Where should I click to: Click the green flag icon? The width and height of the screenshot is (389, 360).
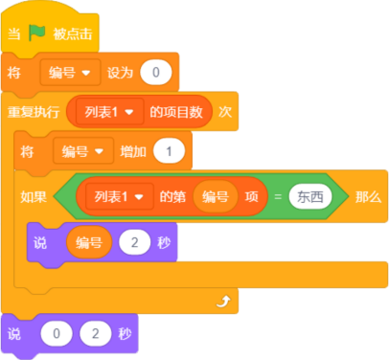(x=36, y=33)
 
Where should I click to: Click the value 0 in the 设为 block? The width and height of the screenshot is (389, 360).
(x=156, y=73)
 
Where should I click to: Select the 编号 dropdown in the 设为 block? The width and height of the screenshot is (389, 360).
(x=70, y=73)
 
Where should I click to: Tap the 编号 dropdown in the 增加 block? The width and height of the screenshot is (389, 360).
(x=83, y=151)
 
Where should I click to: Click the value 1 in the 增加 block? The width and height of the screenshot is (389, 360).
(x=169, y=151)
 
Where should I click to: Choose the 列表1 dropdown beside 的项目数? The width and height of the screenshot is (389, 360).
(x=109, y=112)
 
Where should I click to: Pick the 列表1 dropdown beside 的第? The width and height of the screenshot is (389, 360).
(x=119, y=196)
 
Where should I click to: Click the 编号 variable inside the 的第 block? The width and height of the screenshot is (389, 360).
(x=216, y=196)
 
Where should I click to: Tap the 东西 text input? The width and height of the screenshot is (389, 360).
(x=310, y=196)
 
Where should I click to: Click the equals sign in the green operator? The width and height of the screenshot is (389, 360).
(x=278, y=197)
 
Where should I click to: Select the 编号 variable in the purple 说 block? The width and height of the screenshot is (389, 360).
(x=89, y=242)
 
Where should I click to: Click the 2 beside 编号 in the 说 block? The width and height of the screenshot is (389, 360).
(x=134, y=242)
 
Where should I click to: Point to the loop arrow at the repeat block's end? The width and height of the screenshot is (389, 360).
(x=223, y=302)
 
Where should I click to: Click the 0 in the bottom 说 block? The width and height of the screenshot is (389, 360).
(x=57, y=334)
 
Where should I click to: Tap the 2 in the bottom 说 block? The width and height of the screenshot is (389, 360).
(x=96, y=334)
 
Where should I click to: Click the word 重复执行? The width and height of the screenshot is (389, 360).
(x=34, y=112)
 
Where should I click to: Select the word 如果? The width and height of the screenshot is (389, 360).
(x=34, y=197)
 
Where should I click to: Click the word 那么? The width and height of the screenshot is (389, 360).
(x=368, y=197)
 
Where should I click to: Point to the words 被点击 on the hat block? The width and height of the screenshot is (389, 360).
(x=73, y=34)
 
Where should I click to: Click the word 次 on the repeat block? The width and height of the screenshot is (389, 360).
(x=225, y=112)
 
